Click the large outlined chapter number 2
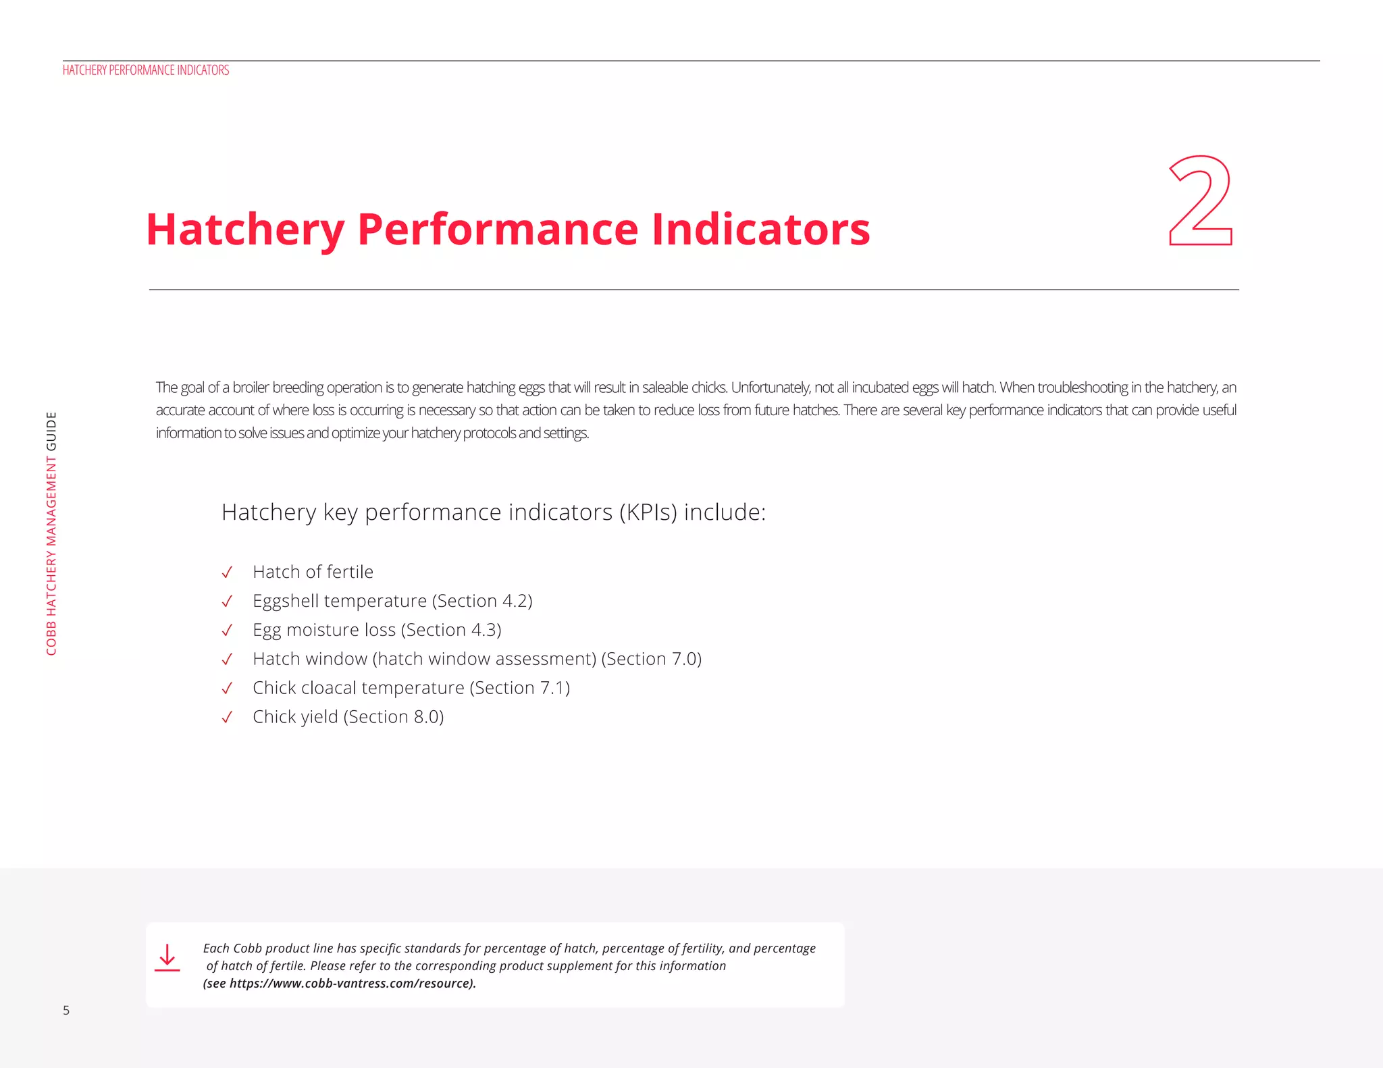[1201, 201]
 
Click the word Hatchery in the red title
[245, 230]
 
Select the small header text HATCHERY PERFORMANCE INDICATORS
[146, 70]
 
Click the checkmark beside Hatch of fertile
[227, 572]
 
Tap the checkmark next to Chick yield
[227, 717]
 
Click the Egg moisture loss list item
[323, 630]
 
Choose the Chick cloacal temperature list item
[358, 688]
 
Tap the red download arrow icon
[167, 958]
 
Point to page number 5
[66, 1011]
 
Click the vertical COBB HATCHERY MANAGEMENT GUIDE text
[51, 533]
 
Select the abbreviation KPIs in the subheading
[648, 512]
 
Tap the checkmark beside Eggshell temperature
[227, 602]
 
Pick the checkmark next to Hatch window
[227, 659]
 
